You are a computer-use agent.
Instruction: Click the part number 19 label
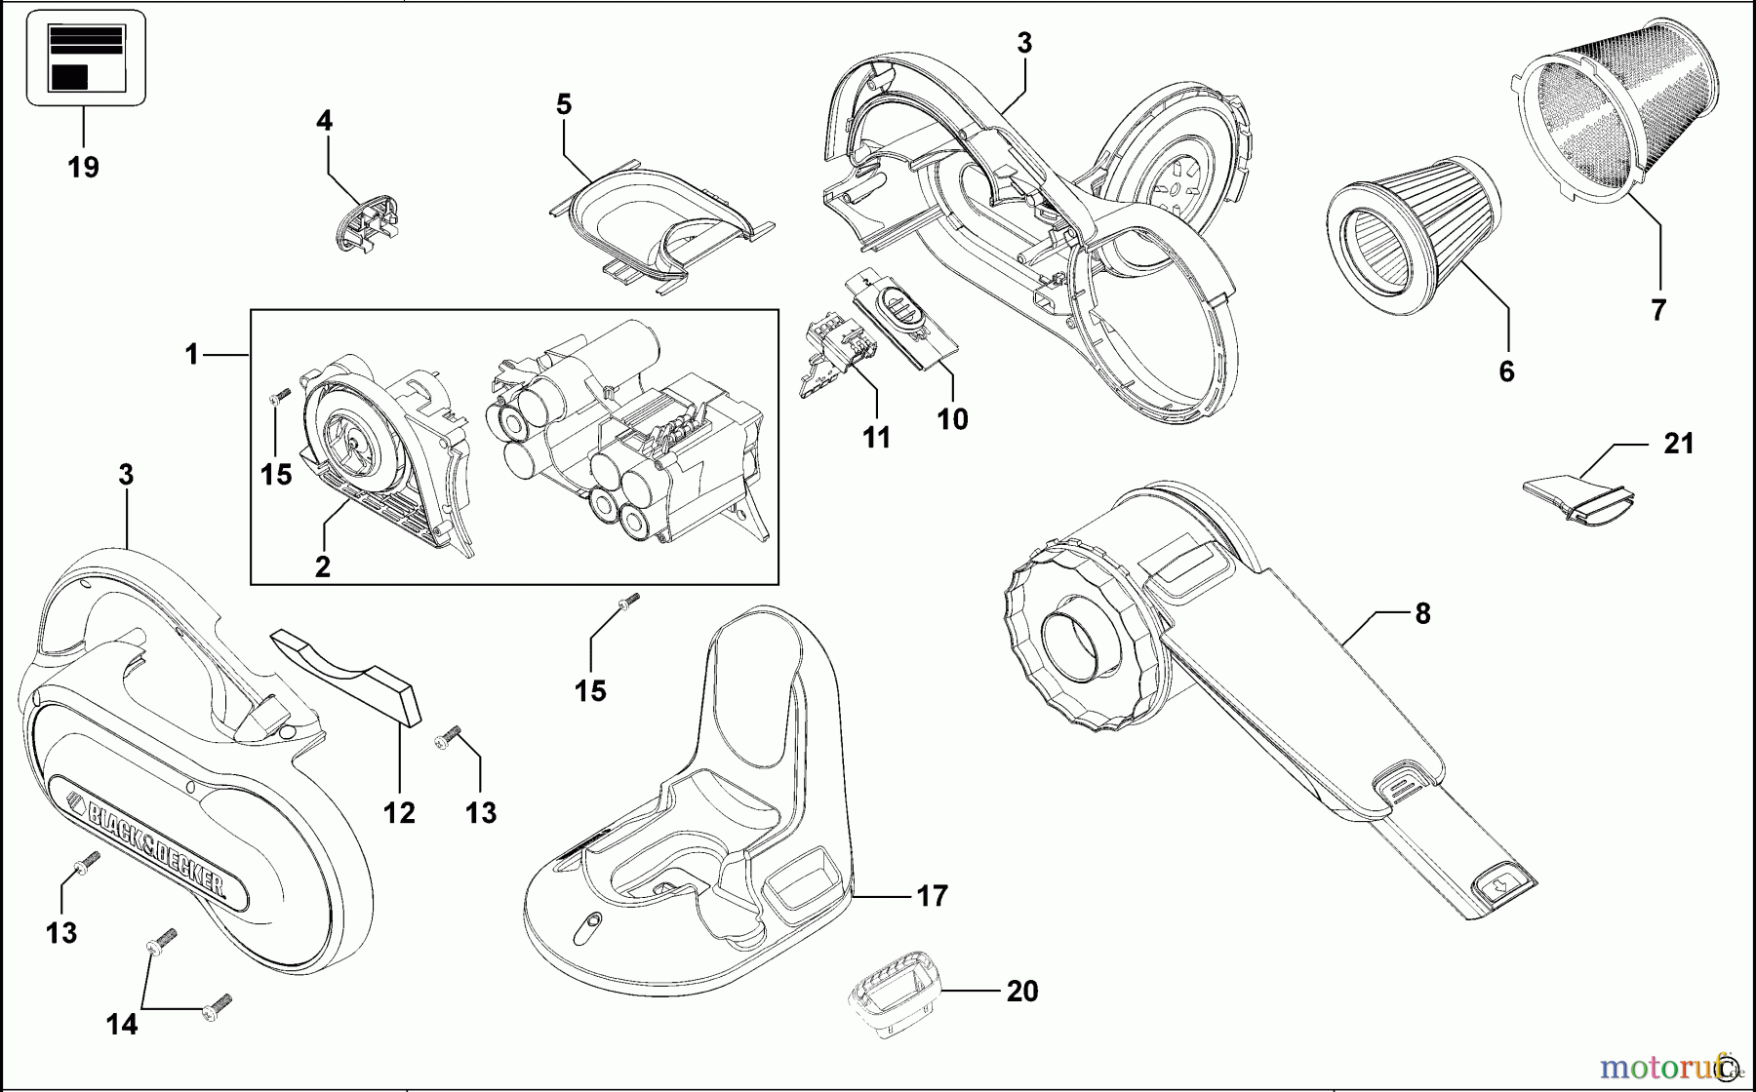84,168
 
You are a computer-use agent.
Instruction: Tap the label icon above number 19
85,58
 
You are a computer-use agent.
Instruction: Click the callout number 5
564,105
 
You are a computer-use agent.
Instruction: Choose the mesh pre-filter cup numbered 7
1623,127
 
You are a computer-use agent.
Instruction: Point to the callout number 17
933,895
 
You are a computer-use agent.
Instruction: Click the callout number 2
323,566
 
